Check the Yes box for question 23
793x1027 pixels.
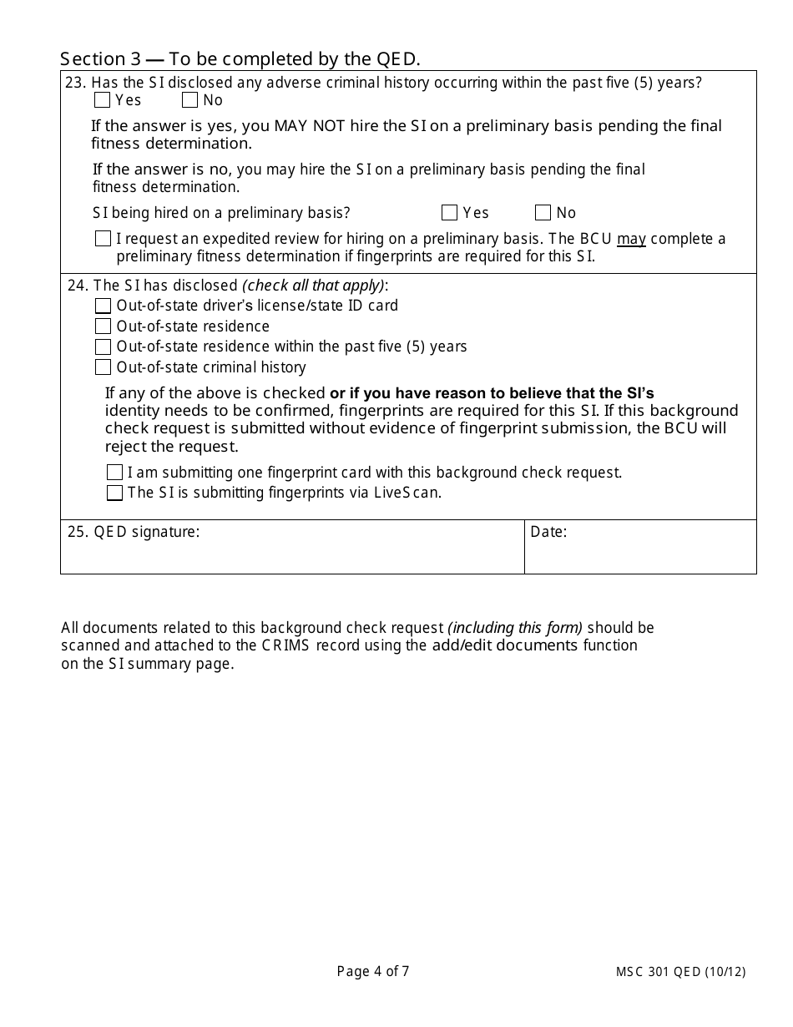coord(103,100)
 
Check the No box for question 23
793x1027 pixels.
coord(190,100)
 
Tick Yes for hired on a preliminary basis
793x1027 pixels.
coord(450,212)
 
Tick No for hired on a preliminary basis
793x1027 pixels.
coord(543,212)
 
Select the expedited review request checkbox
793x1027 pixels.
coord(103,239)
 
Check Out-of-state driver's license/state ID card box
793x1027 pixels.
coord(103,306)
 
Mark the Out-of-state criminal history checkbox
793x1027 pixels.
coord(103,367)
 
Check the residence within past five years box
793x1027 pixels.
coord(103,347)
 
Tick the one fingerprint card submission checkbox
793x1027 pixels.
coord(114,473)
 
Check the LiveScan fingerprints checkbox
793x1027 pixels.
coord(114,493)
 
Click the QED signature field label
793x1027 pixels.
coord(134,532)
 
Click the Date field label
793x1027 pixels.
coord(548,532)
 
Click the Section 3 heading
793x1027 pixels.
coord(240,58)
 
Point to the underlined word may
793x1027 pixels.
coord(631,240)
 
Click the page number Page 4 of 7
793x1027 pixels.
coord(373,971)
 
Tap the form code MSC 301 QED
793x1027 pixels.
coord(659,972)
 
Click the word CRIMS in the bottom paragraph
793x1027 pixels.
coord(286,645)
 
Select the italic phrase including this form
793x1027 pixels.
coord(515,628)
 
